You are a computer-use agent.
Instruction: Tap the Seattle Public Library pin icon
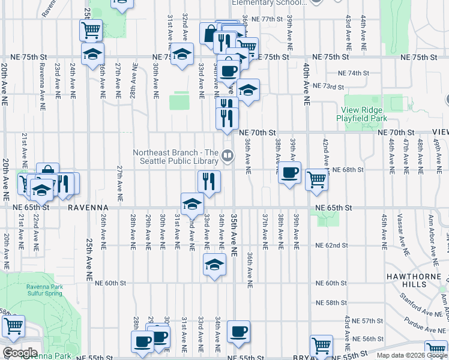(227, 157)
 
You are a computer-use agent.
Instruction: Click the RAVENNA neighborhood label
(86, 207)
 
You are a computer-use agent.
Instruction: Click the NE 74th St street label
(353, 73)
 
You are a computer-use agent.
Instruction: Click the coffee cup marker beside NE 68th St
(289, 173)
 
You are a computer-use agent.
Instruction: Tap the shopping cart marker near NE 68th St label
(316, 179)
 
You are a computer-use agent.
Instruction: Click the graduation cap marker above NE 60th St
(214, 265)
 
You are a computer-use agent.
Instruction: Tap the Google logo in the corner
(20, 353)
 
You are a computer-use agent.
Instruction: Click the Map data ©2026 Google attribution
(412, 355)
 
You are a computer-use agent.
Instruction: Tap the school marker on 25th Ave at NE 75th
(92, 55)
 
